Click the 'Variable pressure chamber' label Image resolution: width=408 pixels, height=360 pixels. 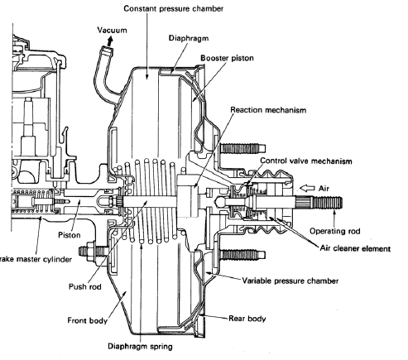tap(290, 281)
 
